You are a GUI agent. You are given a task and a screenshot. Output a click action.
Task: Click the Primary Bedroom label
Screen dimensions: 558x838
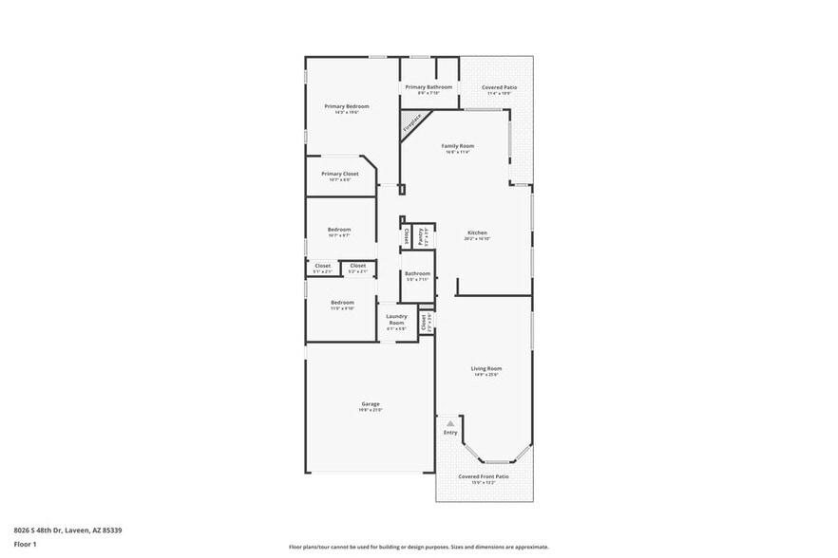click(346, 106)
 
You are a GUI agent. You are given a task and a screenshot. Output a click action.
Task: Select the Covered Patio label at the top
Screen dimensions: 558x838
click(499, 87)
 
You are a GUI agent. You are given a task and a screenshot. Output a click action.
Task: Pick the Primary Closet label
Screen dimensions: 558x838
click(339, 174)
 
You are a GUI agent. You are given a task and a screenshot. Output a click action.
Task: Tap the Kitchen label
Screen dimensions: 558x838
click(477, 232)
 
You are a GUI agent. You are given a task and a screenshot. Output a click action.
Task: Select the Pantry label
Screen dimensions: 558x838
click(421, 236)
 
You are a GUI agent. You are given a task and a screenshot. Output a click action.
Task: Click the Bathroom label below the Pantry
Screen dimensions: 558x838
click(417, 273)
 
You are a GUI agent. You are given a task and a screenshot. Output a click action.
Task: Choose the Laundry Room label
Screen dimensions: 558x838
click(396, 320)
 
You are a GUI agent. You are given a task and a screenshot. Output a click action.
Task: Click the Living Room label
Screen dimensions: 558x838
click(486, 368)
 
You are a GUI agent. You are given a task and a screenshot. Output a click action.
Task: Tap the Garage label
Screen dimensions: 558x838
click(370, 404)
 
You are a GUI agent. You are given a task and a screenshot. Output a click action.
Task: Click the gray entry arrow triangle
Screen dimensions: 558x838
click(450, 423)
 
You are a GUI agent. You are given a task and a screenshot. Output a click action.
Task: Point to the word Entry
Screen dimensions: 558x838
click(450, 433)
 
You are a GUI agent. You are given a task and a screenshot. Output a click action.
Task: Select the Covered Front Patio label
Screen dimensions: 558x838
click(484, 476)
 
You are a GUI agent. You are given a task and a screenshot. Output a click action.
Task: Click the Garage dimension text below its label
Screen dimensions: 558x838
click(370, 410)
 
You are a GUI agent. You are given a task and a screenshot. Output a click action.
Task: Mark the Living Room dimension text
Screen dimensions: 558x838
click(486, 375)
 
